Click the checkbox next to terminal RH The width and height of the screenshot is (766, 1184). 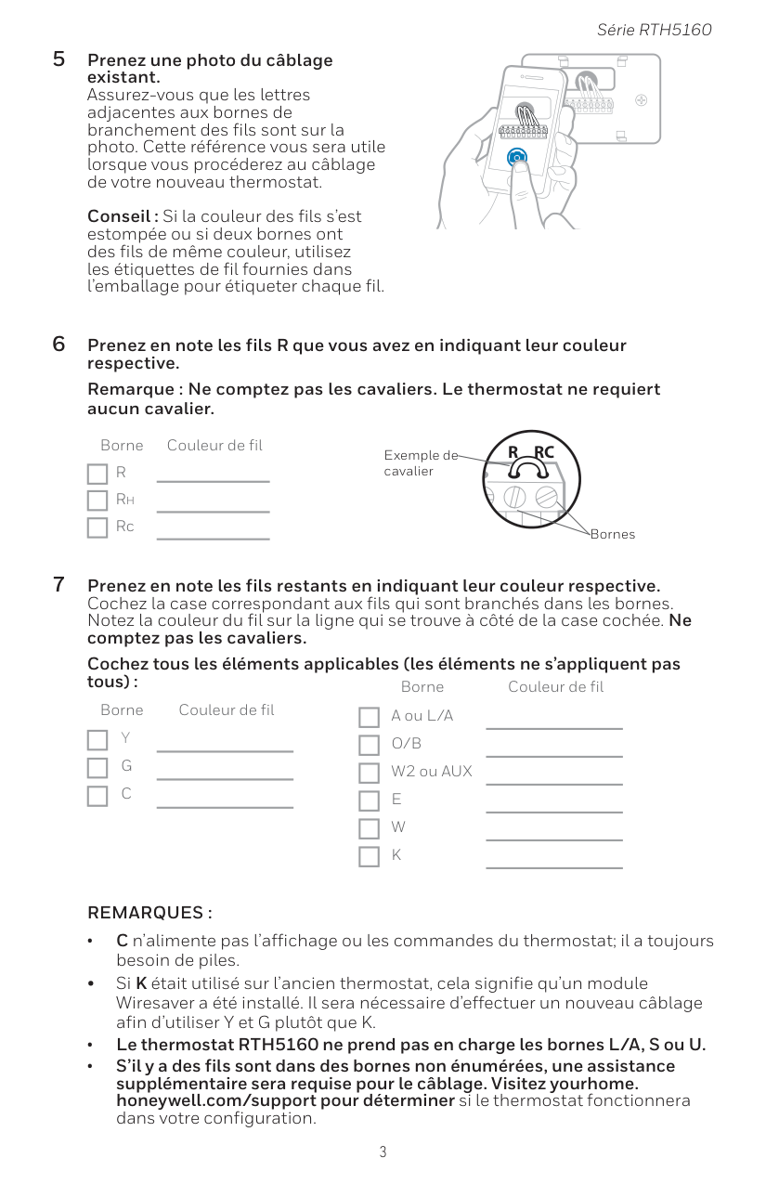(97, 501)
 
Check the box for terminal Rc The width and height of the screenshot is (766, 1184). (97, 528)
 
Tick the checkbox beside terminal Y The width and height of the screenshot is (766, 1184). (97, 740)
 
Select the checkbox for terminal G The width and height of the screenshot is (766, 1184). (97, 768)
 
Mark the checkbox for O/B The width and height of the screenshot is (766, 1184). (370, 746)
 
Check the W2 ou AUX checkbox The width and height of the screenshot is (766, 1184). (370, 774)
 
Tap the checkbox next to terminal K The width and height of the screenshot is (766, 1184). (370, 856)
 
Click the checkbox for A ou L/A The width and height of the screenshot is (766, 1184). (370, 718)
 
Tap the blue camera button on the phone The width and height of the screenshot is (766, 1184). (517, 159)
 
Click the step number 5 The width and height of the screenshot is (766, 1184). (58, 60)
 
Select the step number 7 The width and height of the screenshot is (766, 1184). (58, 585)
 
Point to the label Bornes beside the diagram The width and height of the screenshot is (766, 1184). (613, 535)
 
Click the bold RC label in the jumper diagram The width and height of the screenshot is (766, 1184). (543, 452)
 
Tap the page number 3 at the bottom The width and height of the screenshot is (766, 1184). (383, 1152)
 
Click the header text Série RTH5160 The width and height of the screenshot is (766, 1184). (654, 30)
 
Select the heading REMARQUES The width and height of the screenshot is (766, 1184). (149, 913)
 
